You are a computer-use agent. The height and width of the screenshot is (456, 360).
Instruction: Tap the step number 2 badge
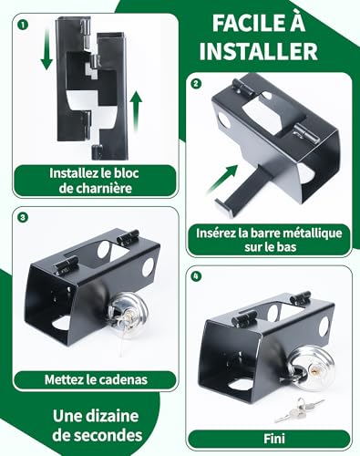pos(196,84)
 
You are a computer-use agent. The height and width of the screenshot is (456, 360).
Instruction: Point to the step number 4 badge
pos(196,275)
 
